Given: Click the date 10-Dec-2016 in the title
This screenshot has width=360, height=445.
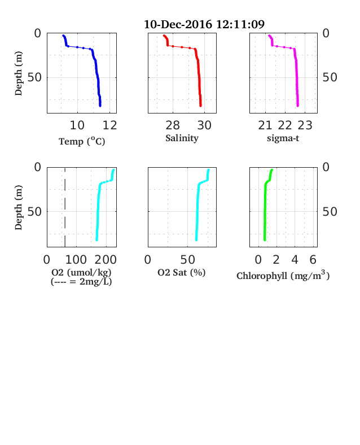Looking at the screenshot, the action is [x=178, y=24].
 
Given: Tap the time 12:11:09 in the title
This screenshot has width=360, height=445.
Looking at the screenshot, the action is [x=240, y=24].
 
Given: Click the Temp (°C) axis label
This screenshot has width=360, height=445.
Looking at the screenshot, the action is [x=82, y=141].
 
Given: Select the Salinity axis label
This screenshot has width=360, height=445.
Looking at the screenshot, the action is [x=182, y=138].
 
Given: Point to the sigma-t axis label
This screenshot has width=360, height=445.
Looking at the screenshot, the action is [x=283, y=138].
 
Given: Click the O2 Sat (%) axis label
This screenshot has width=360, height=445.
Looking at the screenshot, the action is [x=182, y=272].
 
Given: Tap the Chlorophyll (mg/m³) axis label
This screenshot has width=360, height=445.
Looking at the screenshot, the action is [x=283, y=276].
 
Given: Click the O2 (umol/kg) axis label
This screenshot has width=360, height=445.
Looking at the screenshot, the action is [x=81, y=272].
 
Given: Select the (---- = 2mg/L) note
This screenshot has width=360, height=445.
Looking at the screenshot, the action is [x=81, y=282].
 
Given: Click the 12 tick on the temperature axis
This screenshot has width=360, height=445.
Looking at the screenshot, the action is [x=109, y=125].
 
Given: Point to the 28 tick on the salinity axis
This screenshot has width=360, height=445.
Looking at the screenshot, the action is [x=173, y=125].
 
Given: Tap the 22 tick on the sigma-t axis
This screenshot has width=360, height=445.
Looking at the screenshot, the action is [x=285, y=125].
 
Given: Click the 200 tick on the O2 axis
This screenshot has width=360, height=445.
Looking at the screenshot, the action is [x=106, y=259].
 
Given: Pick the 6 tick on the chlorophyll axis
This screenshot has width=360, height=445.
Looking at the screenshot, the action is [x=313, y=259].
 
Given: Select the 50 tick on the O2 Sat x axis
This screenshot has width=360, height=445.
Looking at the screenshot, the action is [x=188, y=259].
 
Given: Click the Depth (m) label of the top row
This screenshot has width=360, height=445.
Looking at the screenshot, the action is [x=18, y=73].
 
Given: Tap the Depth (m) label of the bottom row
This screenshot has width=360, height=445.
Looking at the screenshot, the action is [x=18, y=207].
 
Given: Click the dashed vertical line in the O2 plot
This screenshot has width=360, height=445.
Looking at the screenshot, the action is [x=65, y=207].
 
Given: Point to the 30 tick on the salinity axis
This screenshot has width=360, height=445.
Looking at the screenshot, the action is [x=204, y=125].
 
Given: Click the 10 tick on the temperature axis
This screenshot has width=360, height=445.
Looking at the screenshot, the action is [x=77, y=125].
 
